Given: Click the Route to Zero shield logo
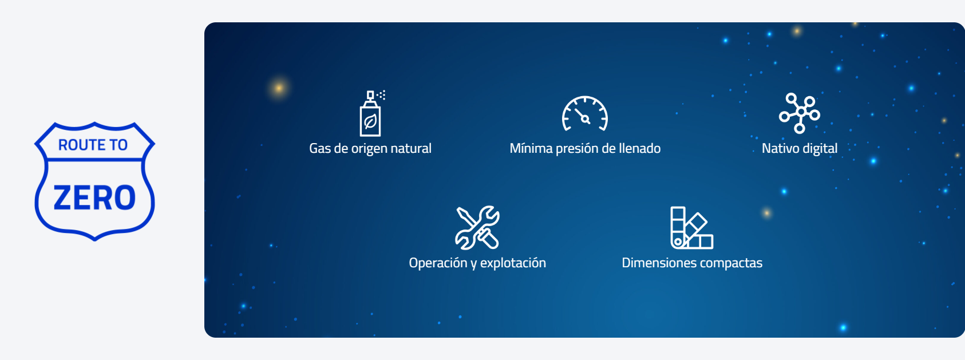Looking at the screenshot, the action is [x=94, y=181].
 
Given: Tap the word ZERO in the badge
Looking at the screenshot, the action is [x=94, y=197].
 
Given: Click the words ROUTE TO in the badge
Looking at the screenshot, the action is [x=93, y=145].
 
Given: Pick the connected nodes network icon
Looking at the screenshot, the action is [x=800, y=113].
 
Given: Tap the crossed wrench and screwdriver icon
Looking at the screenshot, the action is [x=477, y=228].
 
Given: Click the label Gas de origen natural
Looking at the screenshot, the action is [x=370, y=149].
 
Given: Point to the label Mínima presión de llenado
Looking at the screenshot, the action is [x=585, y=149].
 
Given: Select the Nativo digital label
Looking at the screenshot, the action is [x=800, y=149].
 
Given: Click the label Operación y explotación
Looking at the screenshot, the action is [x=477, y=263].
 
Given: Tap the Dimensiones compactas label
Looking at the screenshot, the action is [x=692, y=263].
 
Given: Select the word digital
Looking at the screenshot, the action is [x=820, y=149].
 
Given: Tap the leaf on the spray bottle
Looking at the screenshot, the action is [x=370, y=122].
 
